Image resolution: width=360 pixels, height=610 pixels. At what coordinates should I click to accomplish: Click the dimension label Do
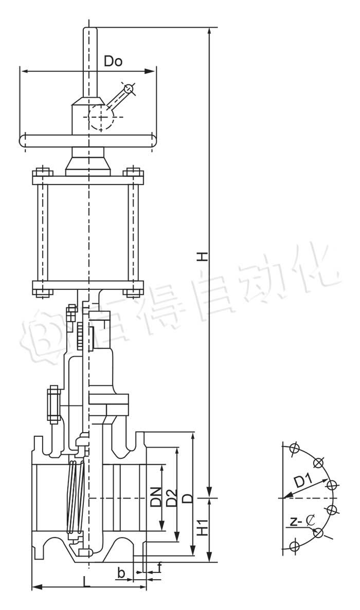tap(113, 61)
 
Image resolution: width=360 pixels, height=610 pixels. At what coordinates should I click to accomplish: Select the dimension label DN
tap(156, 497)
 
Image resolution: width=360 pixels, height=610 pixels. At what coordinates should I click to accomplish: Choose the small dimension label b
tap(121, 572)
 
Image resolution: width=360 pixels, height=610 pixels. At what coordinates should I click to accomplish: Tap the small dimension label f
tap(159, 567)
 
